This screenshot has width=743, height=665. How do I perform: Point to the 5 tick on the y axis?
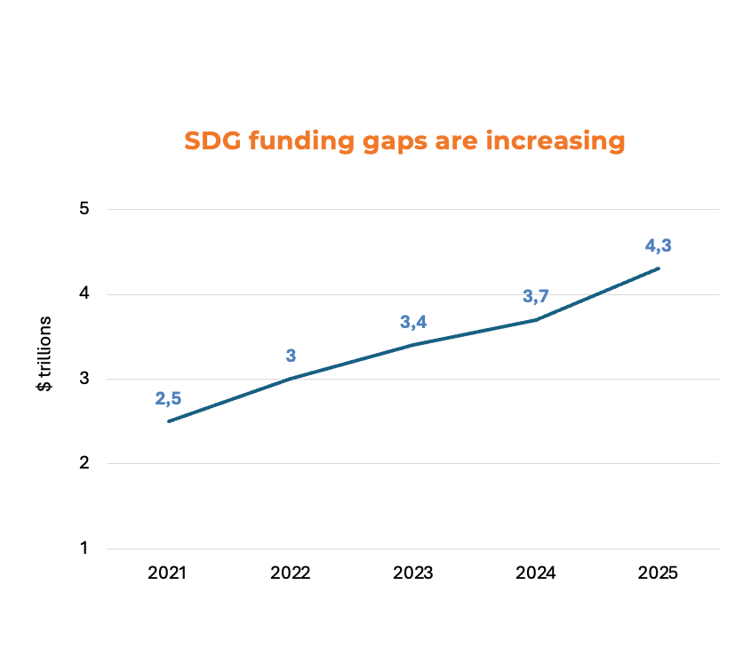tap(85, 209)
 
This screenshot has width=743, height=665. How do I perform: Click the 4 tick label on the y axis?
tap(85, 294)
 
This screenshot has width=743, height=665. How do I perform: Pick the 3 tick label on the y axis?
tap(85, 379)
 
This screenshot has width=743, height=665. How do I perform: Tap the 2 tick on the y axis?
tap(85, 463)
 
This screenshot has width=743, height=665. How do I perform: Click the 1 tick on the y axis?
tap(85, 549)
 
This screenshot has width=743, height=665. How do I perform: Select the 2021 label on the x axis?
tap(167, 573)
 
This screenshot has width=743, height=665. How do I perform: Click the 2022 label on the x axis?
tap(290, 573)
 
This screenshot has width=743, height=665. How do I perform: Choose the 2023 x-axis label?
tap(412, 573)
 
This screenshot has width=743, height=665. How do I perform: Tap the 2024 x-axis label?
tap(535, 573)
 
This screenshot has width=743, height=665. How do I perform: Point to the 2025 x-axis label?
tap(658, 573)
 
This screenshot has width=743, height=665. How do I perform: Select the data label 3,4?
tap(413, 322)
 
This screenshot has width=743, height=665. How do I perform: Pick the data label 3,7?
tap(536, 296)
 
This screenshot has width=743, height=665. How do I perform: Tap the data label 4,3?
tap(658, 245)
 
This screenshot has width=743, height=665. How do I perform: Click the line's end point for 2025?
tap(658, 268)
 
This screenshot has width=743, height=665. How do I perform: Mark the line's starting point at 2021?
tap(168, 421)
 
